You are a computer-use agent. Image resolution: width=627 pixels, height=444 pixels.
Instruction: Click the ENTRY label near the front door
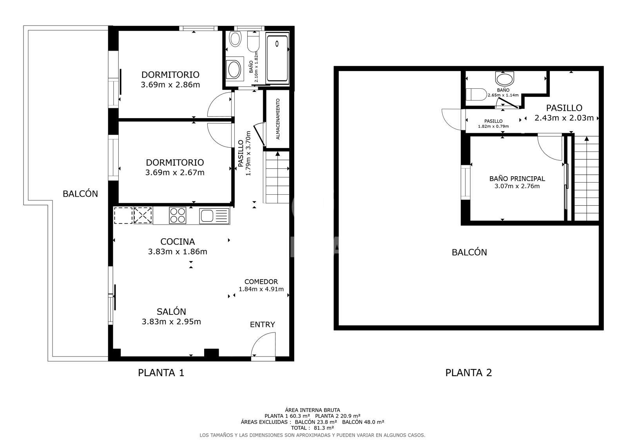click(x=262, y=325)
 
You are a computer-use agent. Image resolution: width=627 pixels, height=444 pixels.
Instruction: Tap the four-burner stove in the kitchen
click(x=178, y=216)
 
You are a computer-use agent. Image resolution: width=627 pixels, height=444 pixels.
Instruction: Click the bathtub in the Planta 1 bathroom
click(x=277, y=58)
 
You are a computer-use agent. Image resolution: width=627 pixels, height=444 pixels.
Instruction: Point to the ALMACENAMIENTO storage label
click(x=278, y=119)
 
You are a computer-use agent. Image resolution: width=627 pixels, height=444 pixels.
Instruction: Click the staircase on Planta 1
click(x=277, y=177)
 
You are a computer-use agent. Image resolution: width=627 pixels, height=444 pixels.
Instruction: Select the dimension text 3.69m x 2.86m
click(x=170, y=84)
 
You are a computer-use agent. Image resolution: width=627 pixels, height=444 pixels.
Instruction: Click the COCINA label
click(x=178, y=242)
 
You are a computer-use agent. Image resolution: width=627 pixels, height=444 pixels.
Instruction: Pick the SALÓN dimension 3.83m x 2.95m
click(x=171, y=322)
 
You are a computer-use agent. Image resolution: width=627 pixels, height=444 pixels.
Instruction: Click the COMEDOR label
click(x=261, y=281)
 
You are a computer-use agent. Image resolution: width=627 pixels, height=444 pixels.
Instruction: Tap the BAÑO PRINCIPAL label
click(x=517, y=179)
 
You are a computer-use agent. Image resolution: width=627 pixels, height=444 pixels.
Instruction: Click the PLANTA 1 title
click(x=161, y=373)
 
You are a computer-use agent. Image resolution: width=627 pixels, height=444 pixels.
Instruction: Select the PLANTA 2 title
click(x=468, y=373)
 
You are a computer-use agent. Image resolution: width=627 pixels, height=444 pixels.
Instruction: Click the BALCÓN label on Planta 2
click(x=469, y=252)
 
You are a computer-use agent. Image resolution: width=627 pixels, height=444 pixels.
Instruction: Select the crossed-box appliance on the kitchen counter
click(x=143, y=216)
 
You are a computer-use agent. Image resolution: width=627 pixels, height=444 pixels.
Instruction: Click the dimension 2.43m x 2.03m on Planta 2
click(x=564, y=118)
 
